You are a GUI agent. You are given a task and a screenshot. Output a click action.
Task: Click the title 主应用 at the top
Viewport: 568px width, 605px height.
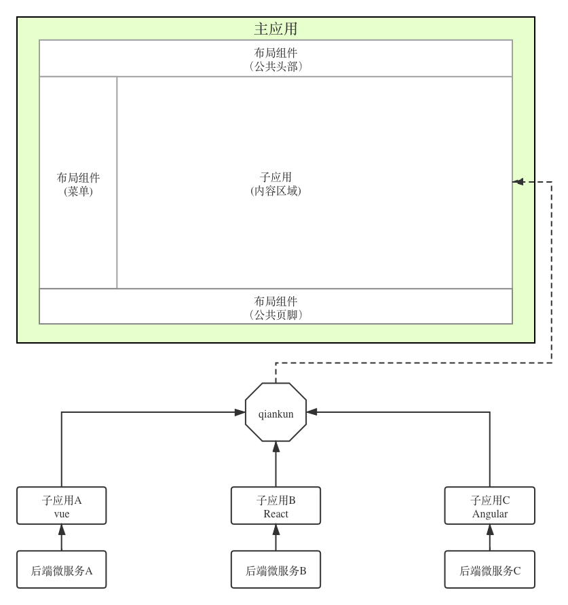click(276, 29)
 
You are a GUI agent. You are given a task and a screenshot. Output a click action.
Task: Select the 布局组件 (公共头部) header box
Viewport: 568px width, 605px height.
click(276, 59)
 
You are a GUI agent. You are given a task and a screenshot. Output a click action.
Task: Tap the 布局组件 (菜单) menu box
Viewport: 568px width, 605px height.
click(78, 184)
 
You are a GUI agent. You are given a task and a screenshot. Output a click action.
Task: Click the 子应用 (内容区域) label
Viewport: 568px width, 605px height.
click(276, 184)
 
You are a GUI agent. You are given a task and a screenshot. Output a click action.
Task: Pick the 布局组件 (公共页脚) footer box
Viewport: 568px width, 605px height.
click(276, 307)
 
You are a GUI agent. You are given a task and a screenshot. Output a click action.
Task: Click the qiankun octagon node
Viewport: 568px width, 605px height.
click(276, 414)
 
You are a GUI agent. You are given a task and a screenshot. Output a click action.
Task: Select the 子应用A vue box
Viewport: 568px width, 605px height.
click(62, 506)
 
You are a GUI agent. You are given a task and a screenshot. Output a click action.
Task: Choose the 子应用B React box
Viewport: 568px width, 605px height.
click(276, 506)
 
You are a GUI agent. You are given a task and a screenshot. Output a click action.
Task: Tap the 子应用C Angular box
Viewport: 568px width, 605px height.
click(490, 506)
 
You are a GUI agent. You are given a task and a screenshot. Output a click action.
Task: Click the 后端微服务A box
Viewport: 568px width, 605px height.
click(62, 570)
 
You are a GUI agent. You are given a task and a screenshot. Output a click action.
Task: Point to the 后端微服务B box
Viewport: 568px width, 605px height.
click(276, 570)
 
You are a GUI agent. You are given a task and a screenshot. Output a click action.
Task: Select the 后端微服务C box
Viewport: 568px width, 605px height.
click(490, 570)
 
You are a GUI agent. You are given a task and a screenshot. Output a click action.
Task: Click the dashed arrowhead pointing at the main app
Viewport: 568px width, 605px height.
click(518, 181)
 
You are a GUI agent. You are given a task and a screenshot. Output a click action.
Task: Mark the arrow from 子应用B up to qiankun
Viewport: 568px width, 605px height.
click(276, 466)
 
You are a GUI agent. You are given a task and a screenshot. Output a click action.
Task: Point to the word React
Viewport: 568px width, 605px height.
click(276, 514)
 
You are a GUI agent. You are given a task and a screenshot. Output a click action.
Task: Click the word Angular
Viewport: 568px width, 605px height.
click(490, 514)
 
